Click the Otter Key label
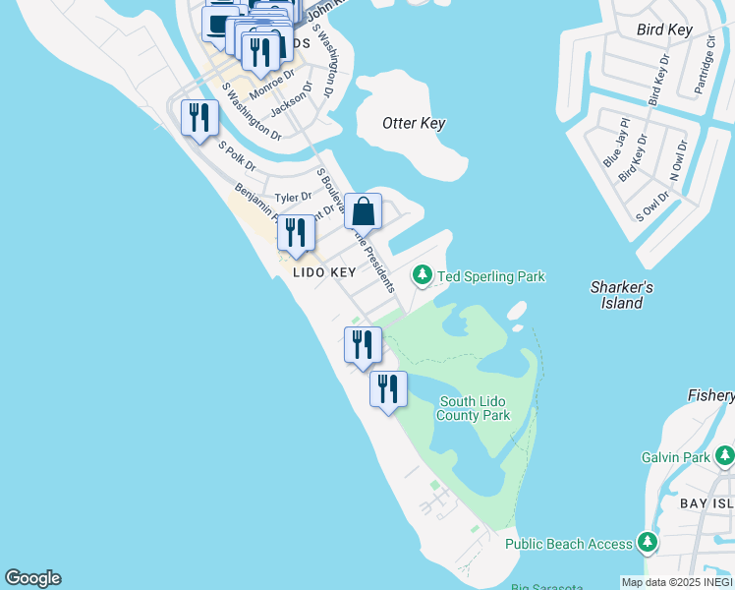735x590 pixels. (414, 124)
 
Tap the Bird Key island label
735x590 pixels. (665, 30)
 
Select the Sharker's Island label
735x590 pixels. (622, 295)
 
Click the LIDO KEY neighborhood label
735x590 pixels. (323, 272)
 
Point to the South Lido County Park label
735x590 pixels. (475, 408)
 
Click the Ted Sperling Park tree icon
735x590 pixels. (423, 276)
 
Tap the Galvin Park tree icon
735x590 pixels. (724, 456)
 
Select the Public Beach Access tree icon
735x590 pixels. (647, 543)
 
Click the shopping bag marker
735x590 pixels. (363, 211)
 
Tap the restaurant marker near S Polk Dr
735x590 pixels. (199, 118)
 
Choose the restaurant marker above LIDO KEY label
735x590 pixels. (296, 233)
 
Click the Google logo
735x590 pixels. (32, 578)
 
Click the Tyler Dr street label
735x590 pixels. (293, 198)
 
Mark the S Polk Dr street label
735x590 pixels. (237, 154)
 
